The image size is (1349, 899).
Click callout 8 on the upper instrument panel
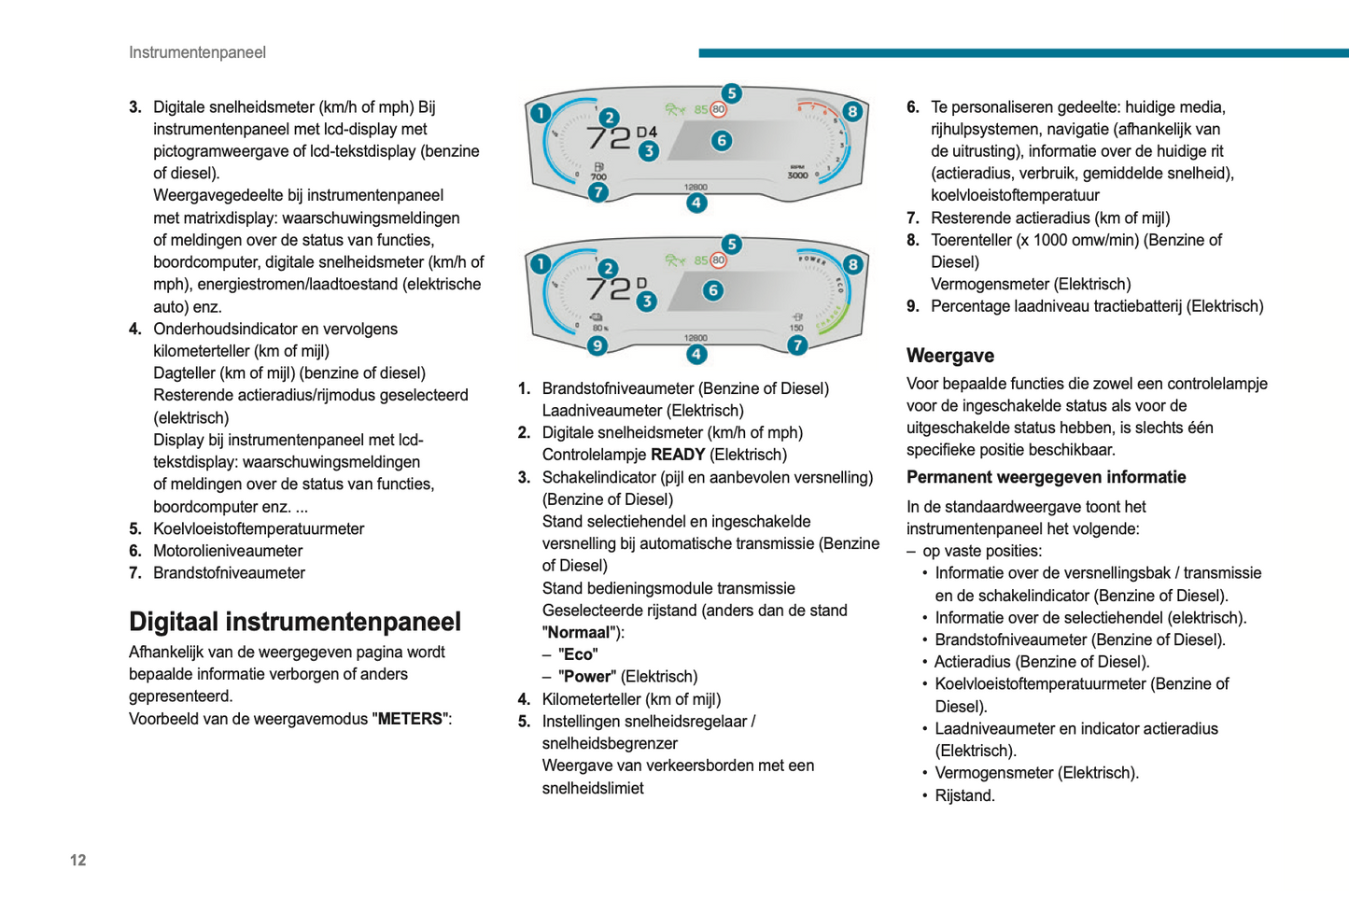(x=851, y=112)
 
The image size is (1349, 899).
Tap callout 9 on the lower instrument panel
(x=597, y=345)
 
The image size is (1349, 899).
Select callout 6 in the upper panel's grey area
(x=721, y=141)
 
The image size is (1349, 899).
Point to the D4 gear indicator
(x=646, y=132)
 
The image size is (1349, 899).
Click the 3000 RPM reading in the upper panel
(x=797, y=175)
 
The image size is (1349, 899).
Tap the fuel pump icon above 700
(x=598, y=167)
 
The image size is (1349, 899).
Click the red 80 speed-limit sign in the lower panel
(x=718, y=260)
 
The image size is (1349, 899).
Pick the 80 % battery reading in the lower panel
(x=599, y=328)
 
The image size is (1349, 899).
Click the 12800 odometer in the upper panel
(x=696, y=188)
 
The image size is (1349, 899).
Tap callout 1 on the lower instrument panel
(x=541, y=264)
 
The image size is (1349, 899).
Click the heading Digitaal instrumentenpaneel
(x=295, y=622)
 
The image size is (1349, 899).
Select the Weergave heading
(x=949, y=356)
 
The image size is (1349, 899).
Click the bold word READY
(x=678, y=455)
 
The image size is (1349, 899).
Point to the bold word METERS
(x=410, y=719)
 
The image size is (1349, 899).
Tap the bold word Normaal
(x=580, y=632)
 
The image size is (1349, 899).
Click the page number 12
(x=77, y=860)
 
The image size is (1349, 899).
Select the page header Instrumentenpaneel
(x=197, y=52)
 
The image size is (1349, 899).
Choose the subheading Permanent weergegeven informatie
(x=1046, y=477)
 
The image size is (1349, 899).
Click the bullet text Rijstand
(x=964, y=795)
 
